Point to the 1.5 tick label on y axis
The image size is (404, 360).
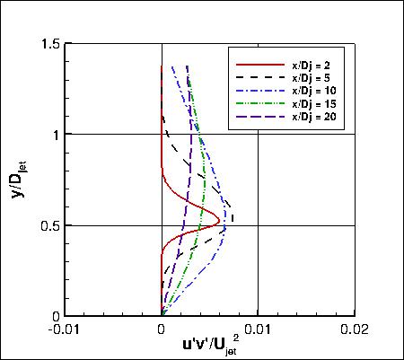(52, 44)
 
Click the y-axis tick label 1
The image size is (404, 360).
(58, 135)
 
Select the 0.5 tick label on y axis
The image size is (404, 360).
(52, 225)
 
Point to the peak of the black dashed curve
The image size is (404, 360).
(233, 215)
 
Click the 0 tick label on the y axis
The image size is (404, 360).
(58, 316)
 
